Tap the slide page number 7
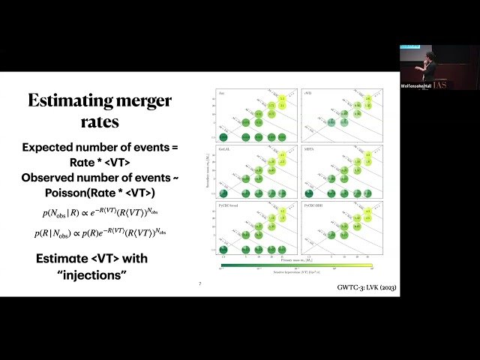pyautogui.click(x=199, y=284)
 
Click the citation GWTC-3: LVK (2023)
pyautogui.click(x=363, y=288)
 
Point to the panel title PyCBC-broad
pyautogui.click(x=227, y=203)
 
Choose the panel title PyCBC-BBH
pyautogui.click(x=312, y=203)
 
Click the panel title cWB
pyautogui.click(x=307, y=93)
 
